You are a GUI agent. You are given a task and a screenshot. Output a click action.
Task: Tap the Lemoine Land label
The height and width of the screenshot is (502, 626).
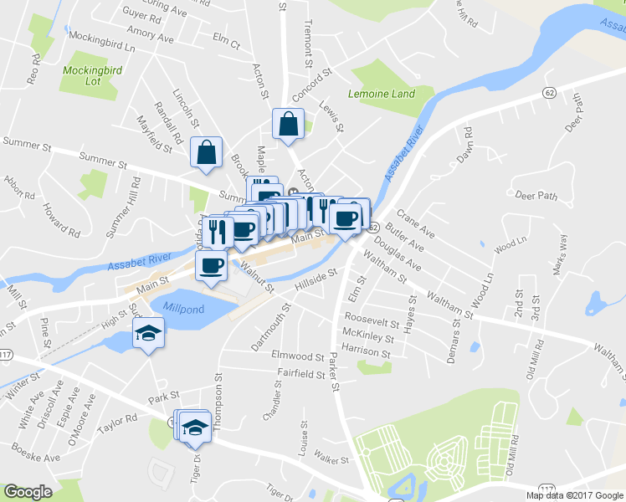pos(382,94)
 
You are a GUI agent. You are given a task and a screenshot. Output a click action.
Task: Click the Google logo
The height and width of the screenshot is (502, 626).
pos(28,492)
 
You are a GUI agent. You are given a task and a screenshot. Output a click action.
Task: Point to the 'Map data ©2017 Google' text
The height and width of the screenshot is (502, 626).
pos(575,495)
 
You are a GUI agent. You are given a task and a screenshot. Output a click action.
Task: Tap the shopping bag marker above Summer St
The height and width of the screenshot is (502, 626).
pos(206,152)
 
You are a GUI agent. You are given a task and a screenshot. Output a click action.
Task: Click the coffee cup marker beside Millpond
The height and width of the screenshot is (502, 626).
pos(211,266)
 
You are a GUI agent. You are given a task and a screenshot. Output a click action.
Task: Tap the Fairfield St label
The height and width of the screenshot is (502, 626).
pos(301,372)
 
